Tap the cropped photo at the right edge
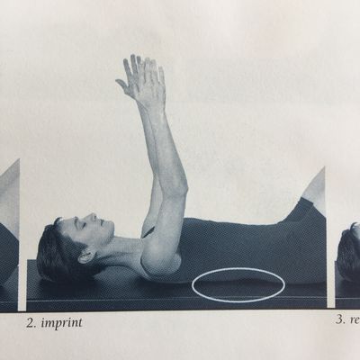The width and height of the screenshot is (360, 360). [x=348, y=261]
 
